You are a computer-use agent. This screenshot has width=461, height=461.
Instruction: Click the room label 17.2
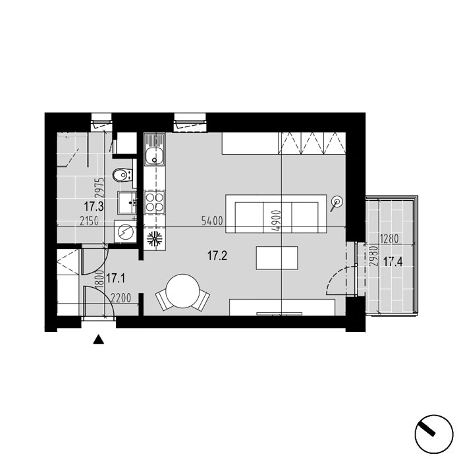(217, 256)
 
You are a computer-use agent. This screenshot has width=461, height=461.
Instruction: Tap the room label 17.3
(94, 206)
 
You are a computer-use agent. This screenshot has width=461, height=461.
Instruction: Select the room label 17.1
(115, 278)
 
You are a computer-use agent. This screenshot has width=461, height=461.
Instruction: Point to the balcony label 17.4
(393, 261)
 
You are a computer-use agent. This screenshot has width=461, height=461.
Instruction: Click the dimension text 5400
(212, 221)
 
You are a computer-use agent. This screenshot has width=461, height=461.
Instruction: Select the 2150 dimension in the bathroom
(89, 221)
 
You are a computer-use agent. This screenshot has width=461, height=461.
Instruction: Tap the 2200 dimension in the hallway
(121, 298)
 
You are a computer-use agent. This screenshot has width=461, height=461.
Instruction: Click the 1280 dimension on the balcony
(390, 238)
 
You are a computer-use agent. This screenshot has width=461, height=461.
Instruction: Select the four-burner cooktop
(155, 202)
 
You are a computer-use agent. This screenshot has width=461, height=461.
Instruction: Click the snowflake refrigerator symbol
(155, 239)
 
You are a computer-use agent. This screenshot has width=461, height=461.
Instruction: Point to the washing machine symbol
(126, 232)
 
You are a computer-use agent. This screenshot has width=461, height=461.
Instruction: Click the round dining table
(182, 291)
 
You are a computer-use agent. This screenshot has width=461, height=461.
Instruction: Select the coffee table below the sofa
(277, 258)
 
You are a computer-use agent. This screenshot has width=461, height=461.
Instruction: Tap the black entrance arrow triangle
(99, 340)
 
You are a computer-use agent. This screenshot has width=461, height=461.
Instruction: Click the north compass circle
(434, 434)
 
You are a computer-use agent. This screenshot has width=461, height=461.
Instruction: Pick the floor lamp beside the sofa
(337, 202)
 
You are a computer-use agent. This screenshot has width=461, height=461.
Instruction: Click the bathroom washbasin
(127, 202)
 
